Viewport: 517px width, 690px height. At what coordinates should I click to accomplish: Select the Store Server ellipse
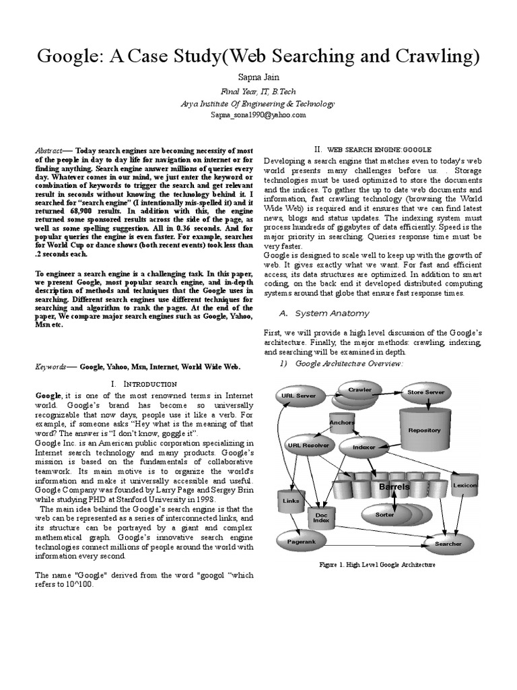click(425, 391)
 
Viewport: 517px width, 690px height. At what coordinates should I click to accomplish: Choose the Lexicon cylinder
click(465, 486)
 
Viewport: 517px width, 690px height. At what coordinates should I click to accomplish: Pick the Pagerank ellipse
click(302, 540)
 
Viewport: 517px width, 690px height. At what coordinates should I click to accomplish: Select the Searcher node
click(448, 543)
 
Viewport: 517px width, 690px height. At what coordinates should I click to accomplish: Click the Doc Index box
click(320, 517)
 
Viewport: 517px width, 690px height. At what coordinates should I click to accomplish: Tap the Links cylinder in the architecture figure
click(291, 501)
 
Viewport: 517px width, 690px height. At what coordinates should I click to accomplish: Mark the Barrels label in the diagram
click(394, 487)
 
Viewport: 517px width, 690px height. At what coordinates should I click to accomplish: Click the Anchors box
click(342, 423)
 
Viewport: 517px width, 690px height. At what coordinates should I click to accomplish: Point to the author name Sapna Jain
click(258, 77)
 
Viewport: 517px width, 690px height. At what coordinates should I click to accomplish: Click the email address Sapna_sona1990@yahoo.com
click(258, 115)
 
